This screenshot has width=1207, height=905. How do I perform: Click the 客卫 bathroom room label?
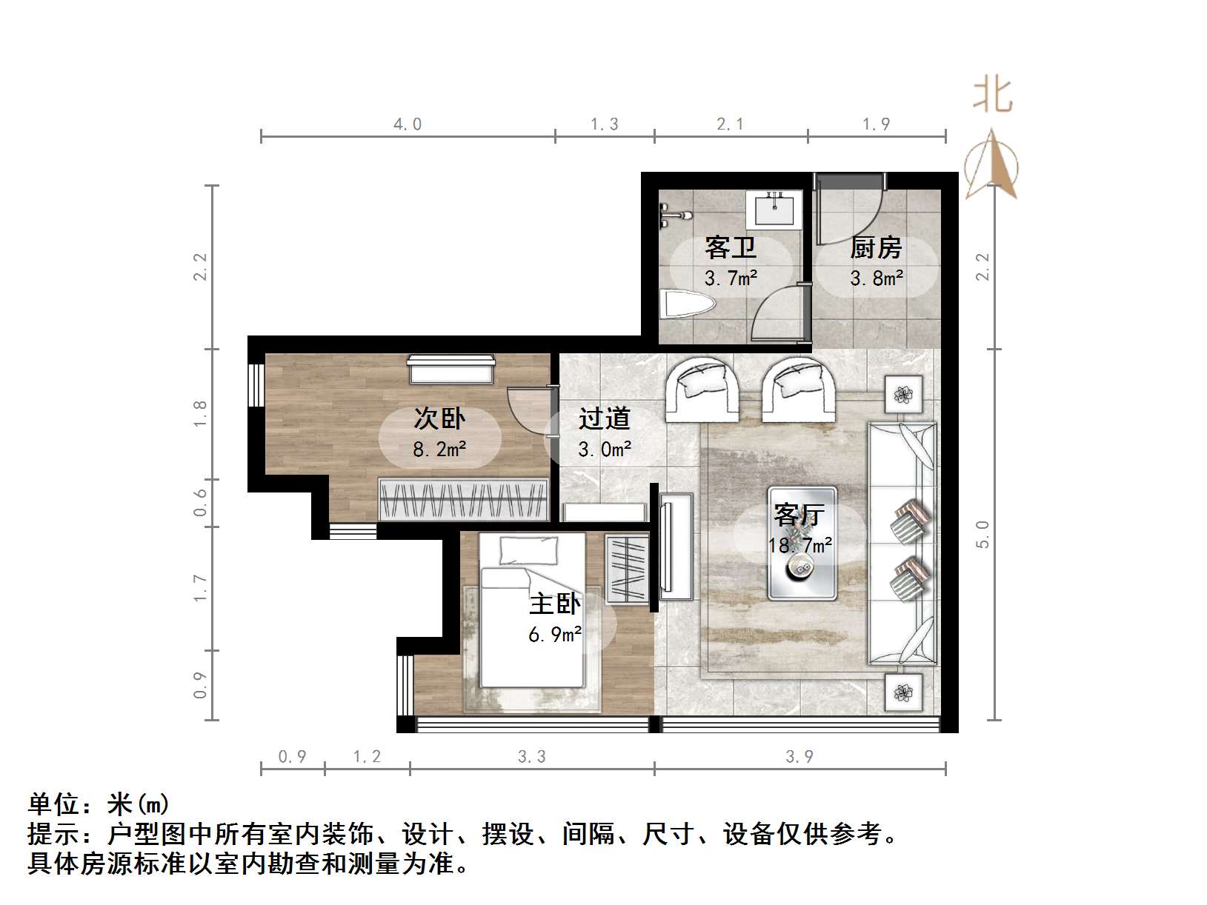[730, 247]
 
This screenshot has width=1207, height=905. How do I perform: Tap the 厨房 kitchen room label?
[876, 247]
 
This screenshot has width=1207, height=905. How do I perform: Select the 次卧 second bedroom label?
[439, 418]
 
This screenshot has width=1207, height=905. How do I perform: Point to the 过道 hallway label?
[605, 418]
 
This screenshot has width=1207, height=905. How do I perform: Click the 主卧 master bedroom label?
[555, 604]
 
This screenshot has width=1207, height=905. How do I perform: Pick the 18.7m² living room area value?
[800, 546]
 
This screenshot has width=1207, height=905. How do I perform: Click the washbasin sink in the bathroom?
[775, 210]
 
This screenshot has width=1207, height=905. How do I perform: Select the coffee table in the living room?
[802, 543]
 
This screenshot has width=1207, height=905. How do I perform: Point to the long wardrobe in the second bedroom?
[463, 499]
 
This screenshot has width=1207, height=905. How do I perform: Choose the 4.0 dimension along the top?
[408, 124]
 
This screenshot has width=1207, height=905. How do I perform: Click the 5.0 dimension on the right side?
[983, 534]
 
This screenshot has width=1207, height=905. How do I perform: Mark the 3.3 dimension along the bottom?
[531, 756]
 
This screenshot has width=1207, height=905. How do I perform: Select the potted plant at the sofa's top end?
[904, 394]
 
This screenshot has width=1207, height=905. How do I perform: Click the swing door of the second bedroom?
[528, 409]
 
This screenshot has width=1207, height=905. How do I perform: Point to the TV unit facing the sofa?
[674, 545]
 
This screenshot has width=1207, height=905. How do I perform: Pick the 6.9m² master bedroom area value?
[555, 635]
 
